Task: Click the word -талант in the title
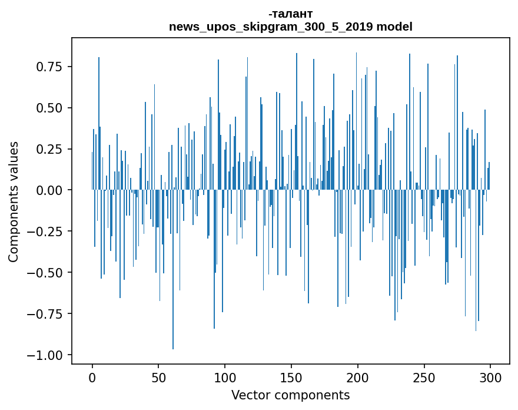pos(290,14)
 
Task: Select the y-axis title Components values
pos(14,201)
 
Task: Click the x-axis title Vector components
pos(290,395)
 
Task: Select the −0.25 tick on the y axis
pos(47,232)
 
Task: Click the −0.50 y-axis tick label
pos(47,273)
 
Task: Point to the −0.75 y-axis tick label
pos(47,314)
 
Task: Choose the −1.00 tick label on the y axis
pos(47,355)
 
